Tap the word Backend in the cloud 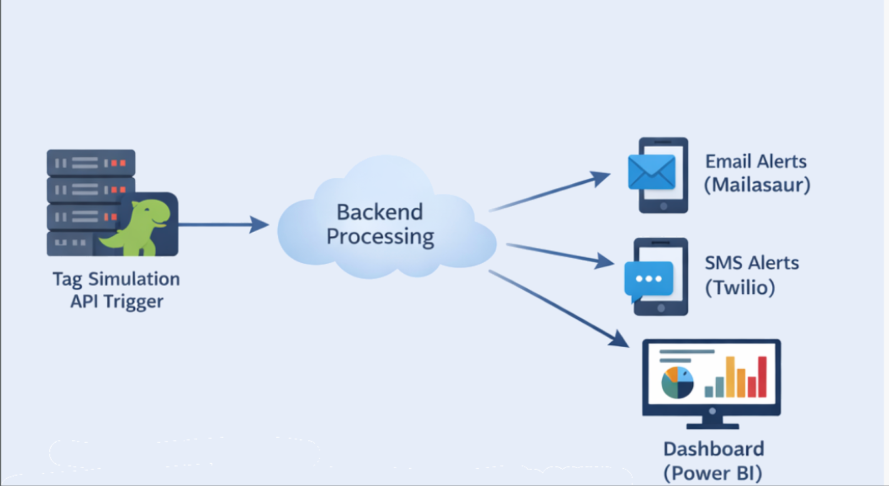point(379,212)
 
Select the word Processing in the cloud point(380,237)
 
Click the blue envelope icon point(652,172)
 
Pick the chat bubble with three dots point(649,279)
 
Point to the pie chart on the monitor point(677,382)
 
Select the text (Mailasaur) point(757,185)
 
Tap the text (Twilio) point(740,288)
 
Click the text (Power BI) point(713,473)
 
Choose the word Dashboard point(713,449)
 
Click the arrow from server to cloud point(222,225)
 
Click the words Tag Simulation point(116,279)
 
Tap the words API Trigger point(117,302)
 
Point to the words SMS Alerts point(752,263)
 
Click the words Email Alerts point(756,162)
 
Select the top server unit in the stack point(91,163)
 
